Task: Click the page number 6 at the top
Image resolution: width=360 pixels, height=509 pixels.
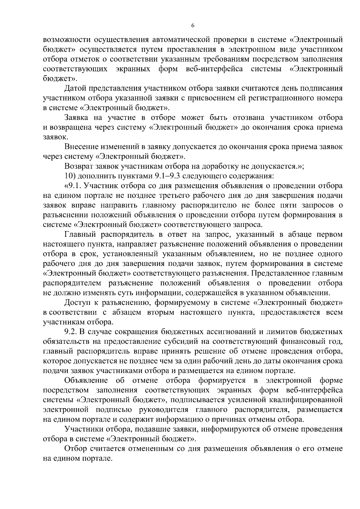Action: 193,26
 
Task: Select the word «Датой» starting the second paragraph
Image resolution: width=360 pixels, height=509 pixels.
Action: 73,89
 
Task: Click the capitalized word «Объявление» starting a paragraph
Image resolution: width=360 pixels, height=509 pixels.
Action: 86,381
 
